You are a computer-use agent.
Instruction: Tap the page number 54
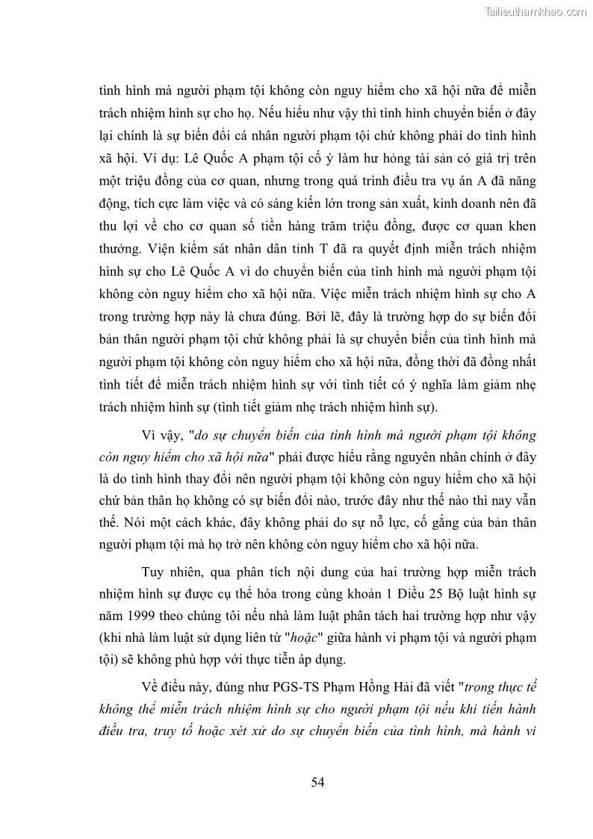[317, 782]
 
